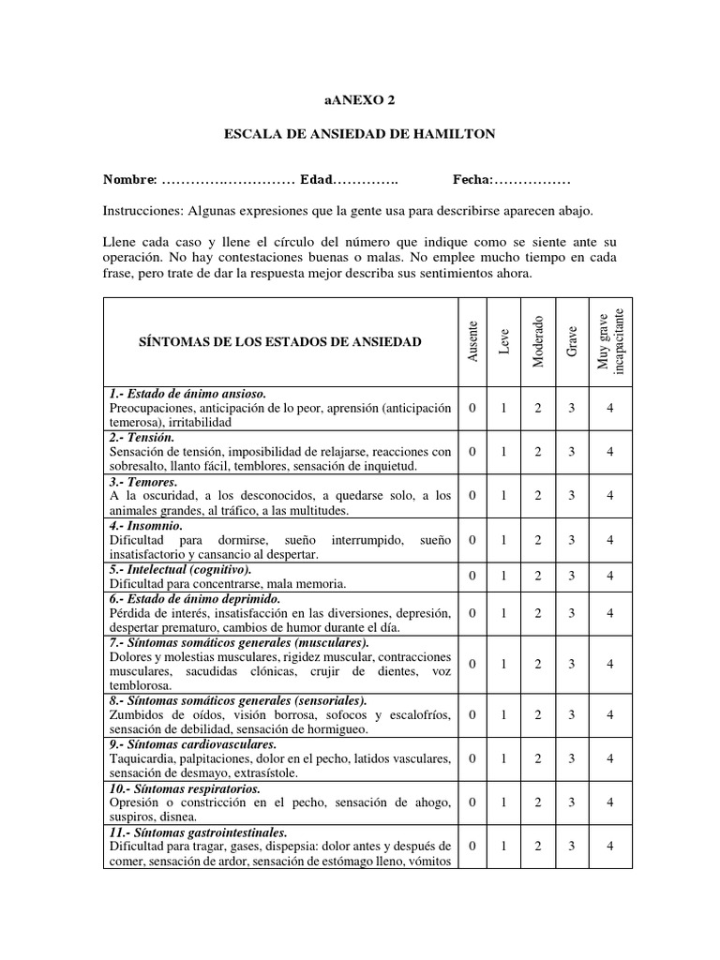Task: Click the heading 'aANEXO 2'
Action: point(359,100)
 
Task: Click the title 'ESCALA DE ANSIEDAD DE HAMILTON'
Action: point(359,135)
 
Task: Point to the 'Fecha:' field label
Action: point(472,179)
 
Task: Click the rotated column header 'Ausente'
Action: point(473,341)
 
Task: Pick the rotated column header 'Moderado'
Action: point(538,341)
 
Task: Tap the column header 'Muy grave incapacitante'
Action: point(609,341)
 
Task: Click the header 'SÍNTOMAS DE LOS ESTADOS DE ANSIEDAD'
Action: point(280,341)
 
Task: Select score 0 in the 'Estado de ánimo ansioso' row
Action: point(472,409)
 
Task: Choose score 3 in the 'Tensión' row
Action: point(572,452)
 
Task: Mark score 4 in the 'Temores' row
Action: point(609,495)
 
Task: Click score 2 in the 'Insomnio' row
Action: point(538,539)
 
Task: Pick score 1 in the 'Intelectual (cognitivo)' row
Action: point(503,576)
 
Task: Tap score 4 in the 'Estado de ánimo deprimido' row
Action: point(609,612)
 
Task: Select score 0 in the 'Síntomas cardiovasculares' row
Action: point(472,757)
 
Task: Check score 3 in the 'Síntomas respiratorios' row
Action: point(572,802)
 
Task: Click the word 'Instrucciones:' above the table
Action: point(142,211)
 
